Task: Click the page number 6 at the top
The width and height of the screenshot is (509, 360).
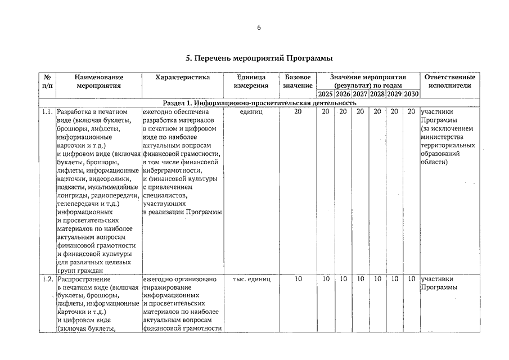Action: coord(259,29)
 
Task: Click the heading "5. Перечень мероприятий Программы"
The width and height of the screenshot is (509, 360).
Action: coord(259,58)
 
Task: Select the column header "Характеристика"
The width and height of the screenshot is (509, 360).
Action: coord(183,77)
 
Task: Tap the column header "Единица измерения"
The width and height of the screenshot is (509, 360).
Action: coord(251,82)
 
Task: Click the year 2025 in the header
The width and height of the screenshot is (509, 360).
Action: coord(326,94)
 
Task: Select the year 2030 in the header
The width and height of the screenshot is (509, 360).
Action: coord(411,94)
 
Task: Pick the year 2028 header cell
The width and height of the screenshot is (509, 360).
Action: coord(377,94)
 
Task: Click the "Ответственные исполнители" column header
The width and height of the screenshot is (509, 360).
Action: coord(449,82)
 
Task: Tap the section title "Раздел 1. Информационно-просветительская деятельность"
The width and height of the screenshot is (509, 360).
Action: coord(259,103)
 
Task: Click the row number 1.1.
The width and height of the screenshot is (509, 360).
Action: coord(47,111)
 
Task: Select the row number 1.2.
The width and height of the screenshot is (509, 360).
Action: coord(47,279)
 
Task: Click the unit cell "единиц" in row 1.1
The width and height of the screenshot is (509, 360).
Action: coord(251,111)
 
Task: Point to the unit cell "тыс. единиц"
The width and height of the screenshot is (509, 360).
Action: coord(251,279)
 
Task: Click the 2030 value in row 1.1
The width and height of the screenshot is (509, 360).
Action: coord(411,111)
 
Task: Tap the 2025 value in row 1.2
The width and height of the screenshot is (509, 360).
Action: coord(326,279)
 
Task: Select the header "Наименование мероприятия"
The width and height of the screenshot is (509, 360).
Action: coord(98,82)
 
